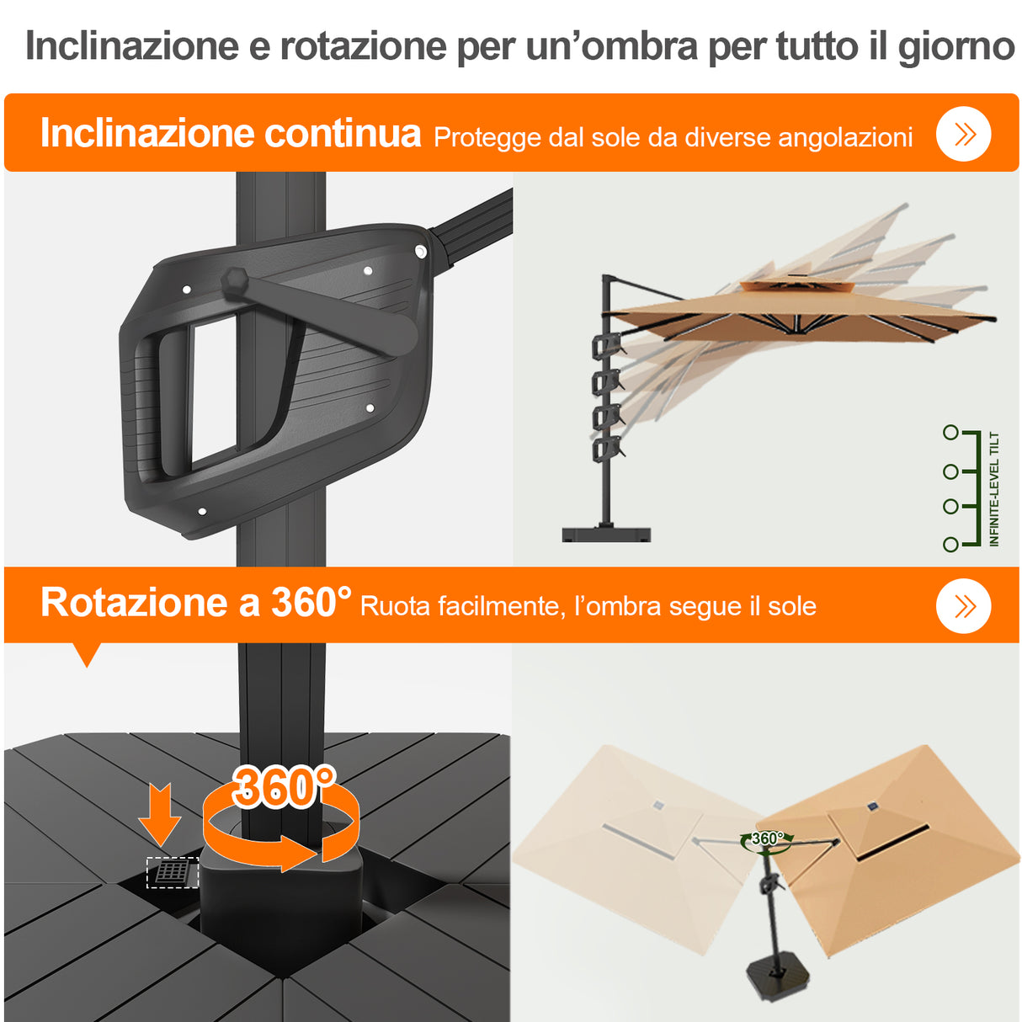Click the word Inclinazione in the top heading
pos(132,46)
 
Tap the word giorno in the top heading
pos(956,46)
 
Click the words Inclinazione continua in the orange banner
pos(230,133)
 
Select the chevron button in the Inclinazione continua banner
pos(964,134)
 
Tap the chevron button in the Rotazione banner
pos(964,606)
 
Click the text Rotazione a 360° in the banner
pos(195,603)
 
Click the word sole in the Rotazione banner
pos(792,606)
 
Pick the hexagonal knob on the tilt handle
pos(235,280)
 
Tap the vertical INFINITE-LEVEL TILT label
pos(994,489)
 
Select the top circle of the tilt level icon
pos(950,433)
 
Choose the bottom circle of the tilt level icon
pos(950,545)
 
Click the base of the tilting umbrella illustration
pos(606,534)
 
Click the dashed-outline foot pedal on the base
pos(173,872)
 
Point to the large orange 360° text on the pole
pos(284,787)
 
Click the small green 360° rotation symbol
pos(767,839)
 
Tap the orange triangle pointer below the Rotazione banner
pos(87,654)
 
